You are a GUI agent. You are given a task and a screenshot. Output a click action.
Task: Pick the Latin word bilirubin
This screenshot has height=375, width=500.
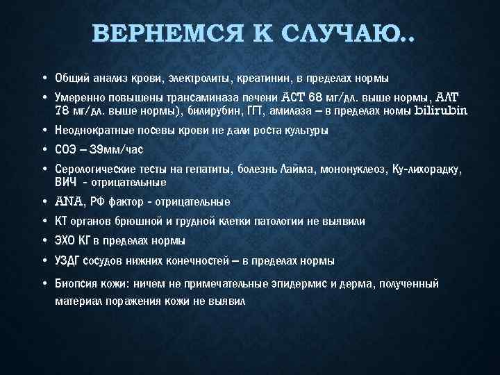441,110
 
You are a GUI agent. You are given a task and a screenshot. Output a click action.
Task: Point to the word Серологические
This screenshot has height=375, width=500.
92,169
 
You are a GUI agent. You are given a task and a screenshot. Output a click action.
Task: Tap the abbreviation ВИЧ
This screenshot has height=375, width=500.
64,183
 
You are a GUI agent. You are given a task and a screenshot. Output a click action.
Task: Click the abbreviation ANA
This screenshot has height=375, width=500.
68,202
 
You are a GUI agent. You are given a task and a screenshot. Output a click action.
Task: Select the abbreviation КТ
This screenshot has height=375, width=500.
60,222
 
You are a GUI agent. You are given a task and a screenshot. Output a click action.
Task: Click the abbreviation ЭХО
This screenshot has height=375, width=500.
65,241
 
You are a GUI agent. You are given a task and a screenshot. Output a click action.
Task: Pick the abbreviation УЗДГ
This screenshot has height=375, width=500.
68,261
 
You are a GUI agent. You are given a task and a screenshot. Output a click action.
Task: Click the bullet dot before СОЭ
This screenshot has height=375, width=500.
44,149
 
